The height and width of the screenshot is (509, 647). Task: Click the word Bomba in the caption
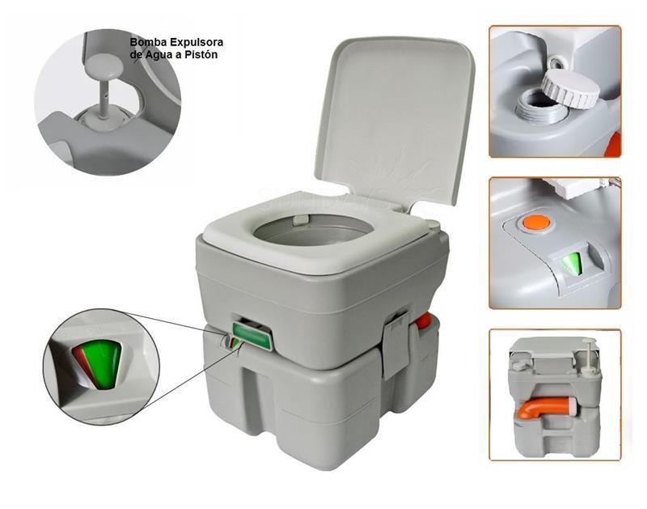coord(144,42)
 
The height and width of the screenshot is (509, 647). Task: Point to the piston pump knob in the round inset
coord(104,66)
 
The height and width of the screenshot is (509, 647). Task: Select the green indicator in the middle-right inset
coord(571,264)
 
